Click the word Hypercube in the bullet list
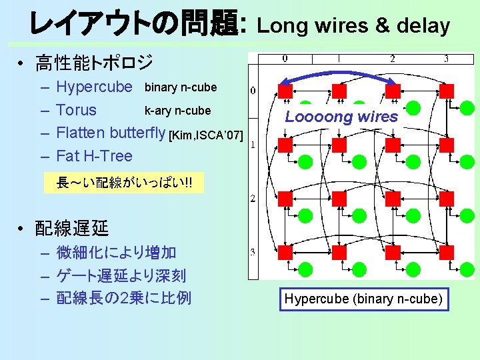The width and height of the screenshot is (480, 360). [x=94, y=87]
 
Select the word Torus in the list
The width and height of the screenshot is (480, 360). [x=76, y=110]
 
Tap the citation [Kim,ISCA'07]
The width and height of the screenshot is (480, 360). [x=205, y=136]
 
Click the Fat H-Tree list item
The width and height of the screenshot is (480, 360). [x=94, y=156]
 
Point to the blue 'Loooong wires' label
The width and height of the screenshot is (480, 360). [x=341, y=117]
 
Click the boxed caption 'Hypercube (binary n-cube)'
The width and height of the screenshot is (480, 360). [x=363, y=299]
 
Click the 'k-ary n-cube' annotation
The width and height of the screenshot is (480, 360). [x=177, y=111]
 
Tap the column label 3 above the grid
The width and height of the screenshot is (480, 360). [x=446, y=59]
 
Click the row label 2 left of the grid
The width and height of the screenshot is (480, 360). [x=253, y=198]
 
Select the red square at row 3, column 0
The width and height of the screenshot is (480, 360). [x=285, y=252]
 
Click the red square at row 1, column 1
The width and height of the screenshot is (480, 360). [x=339, y=144]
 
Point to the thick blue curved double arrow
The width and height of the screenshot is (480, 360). [x=339, y=72]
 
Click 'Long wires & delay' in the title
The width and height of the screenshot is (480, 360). [x=353, y=26]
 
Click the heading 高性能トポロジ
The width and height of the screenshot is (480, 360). [x=94, y=63]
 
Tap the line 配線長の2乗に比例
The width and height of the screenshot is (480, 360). [x=123, y=297]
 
